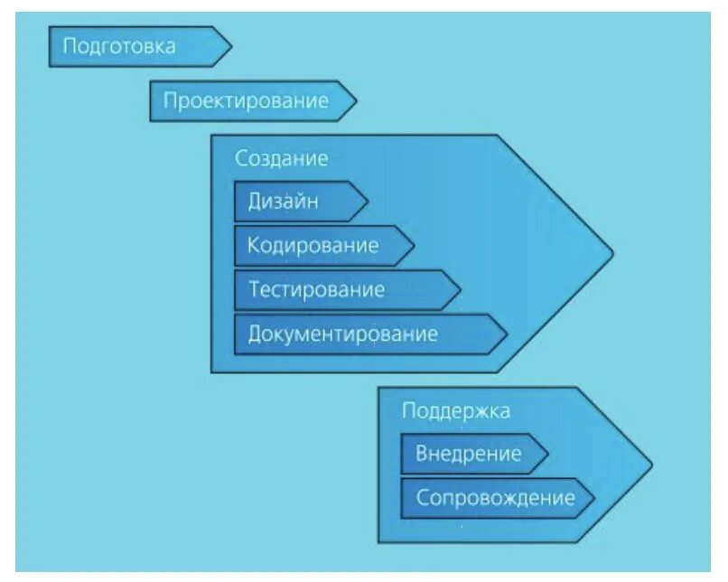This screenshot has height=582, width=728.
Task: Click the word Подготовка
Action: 118,46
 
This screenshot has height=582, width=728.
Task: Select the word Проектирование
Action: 245,100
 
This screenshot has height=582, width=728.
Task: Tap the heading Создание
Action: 281,158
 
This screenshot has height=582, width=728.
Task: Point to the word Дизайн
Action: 283,201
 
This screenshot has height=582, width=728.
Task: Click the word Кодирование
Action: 313,245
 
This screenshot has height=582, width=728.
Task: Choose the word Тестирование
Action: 316,289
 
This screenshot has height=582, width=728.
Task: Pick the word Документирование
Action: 342,333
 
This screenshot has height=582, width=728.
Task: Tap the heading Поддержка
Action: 455,410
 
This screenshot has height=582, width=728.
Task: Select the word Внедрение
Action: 468,453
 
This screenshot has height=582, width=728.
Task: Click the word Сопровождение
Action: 494,497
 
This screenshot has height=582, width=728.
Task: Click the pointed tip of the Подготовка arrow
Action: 231,46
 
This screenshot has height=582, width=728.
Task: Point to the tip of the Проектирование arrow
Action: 356,100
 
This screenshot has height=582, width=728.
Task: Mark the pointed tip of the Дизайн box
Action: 368,201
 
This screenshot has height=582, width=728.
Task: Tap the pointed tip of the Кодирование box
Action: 414,245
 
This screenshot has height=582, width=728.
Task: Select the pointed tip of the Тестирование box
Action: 461,289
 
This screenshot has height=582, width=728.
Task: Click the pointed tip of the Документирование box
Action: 507,333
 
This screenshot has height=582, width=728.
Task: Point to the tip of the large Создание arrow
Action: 612,252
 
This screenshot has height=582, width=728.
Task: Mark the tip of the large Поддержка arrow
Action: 651,465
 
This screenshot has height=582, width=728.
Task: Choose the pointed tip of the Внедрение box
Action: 548,453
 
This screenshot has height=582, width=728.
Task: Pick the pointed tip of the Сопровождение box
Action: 594,497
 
